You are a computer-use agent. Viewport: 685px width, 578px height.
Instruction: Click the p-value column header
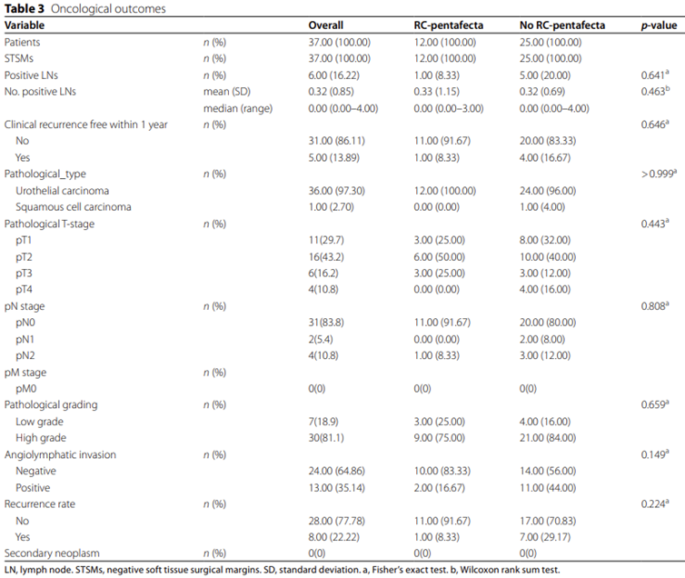tap(659, 25)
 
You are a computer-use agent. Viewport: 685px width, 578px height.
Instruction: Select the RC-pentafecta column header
tap(448, 25)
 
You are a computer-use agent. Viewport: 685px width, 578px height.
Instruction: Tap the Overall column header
tap(325, 25)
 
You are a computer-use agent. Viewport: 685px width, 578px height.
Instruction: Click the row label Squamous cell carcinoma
tap(74, 207)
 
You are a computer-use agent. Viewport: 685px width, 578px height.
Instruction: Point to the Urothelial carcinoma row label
tap(62, 191)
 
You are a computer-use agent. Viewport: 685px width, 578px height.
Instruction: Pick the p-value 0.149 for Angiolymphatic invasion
tap(655, 454)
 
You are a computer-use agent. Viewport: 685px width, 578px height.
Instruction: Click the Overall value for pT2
tap(326, 257)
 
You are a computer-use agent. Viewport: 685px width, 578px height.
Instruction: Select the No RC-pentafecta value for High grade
tap(548, 438)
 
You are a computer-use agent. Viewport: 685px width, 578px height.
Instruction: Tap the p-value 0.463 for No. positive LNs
tap(655, 91)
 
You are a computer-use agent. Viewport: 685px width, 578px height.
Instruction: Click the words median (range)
tap(238, 108)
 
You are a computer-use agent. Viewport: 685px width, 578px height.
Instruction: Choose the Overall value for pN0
tap(326, 323)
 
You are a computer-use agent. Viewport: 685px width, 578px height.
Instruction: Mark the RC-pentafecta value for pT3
tap(439, 274)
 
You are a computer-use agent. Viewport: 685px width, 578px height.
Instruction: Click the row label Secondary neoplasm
tap(52, 553)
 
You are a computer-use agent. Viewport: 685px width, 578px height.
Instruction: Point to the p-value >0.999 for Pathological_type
tap(659, 174)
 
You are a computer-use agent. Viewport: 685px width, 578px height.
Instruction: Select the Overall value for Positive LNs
tap(333, 75)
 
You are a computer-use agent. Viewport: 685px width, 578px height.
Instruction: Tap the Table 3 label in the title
tap(25, 8)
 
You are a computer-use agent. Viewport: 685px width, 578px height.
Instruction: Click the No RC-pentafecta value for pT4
tap(545, 289)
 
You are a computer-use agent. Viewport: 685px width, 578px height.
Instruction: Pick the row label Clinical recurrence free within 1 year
tap(86, 125)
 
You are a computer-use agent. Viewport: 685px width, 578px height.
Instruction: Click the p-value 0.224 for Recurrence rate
tap(655, 503)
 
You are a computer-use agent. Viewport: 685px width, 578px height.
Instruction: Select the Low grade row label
tap(39, 422)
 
